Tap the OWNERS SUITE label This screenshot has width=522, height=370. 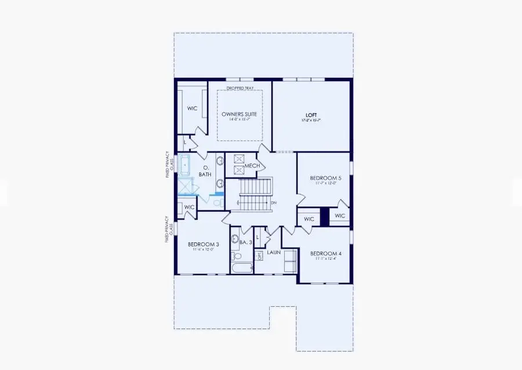coord(239,114)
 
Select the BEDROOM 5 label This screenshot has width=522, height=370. coord(325,178)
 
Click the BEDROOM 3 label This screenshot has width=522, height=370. coord(203,245)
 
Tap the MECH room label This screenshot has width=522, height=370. coord(252,166)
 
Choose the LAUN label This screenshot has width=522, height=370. coord(274,253)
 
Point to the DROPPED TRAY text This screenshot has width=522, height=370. coord(240,88)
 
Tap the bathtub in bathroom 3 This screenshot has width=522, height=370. coord(241,268)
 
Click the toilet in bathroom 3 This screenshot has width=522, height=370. coord(237,256)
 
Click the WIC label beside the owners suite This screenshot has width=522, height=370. coord(193,108)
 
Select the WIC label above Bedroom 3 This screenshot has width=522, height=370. coord(189,207)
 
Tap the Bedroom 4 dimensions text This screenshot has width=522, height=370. coord(324,259)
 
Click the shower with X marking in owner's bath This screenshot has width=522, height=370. coord(187,187)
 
